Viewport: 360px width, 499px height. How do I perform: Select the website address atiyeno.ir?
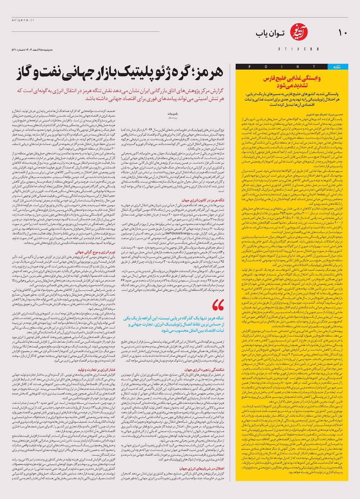click(x=23, y=20)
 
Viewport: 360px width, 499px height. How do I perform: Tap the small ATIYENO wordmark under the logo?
click(x=298, y=49)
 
